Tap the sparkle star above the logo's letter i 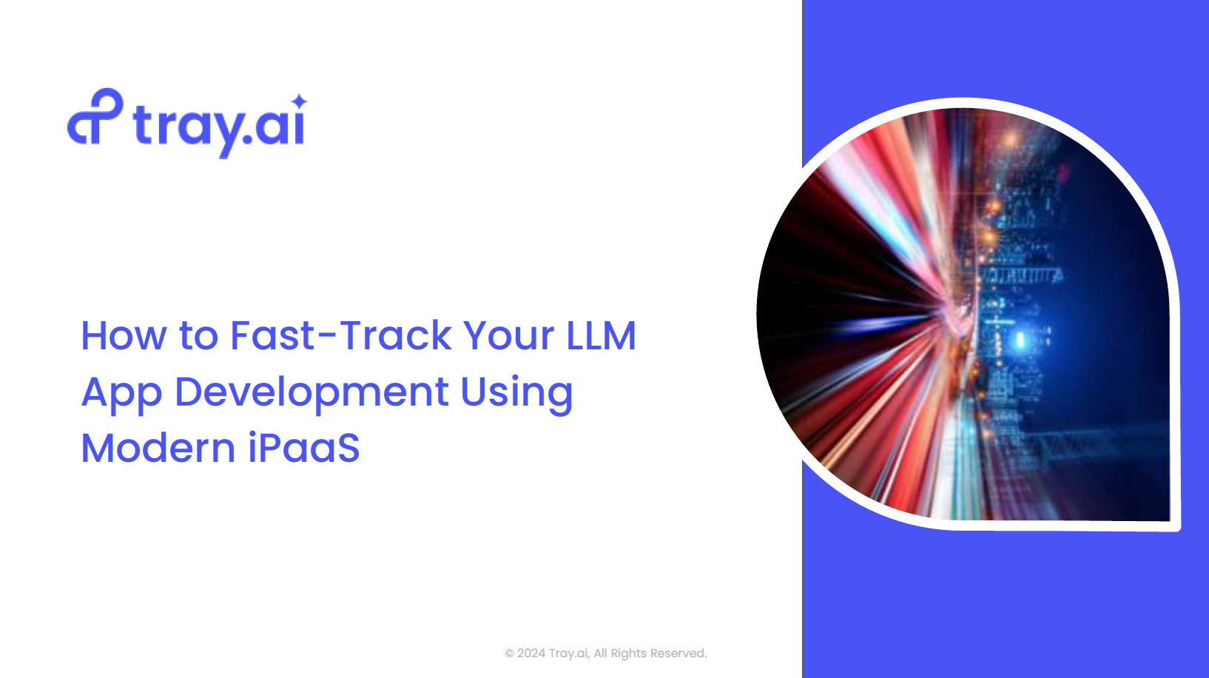tap(298, 101)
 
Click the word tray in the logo tap(188, 129)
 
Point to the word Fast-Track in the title tap(341, 335)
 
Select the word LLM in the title tap(602, 336)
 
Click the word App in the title tap(121, 394)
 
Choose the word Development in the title tap(311, 394)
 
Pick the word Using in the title tap(516, 394)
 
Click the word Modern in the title tap(158, 448)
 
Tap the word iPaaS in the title tap(304, 448)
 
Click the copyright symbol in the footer tap(509, 654)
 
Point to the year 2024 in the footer tap(531, 653)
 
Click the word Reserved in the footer tap(678, 653)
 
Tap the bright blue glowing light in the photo tap(1020, 340)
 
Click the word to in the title tap(198, 337)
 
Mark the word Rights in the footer tap(628, 654)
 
